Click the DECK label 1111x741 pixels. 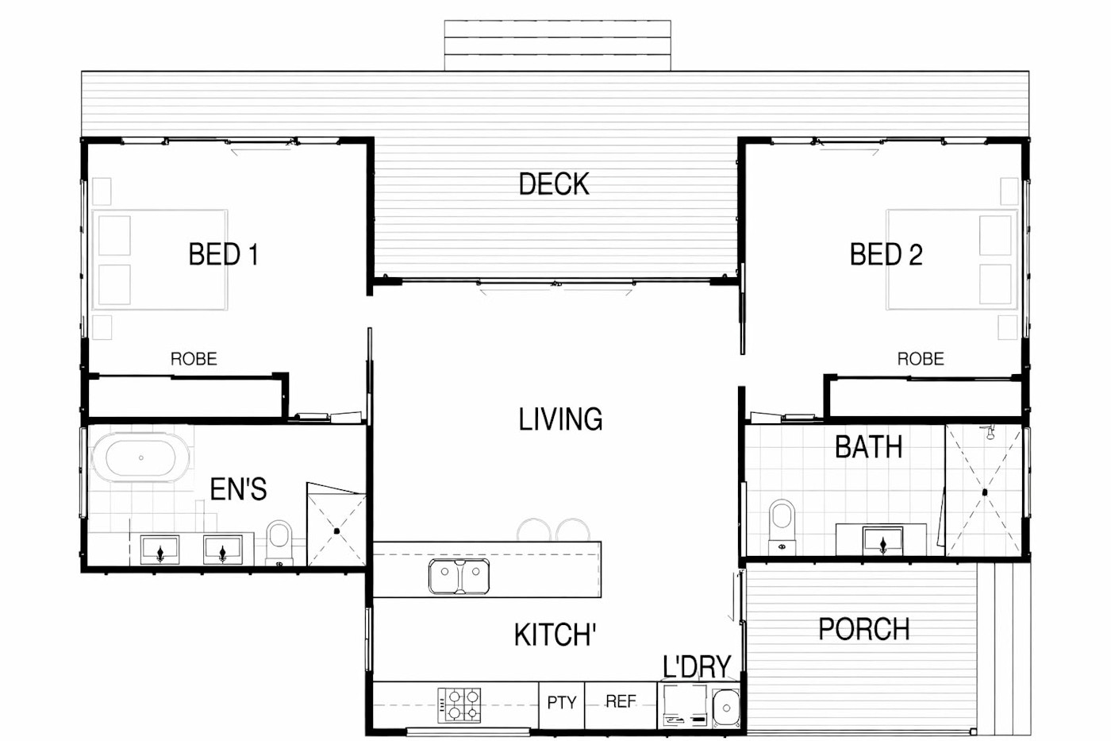click(x=554, y=183)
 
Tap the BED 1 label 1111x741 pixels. click(x=224, y=254)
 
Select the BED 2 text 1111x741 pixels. click(x=886, y=254)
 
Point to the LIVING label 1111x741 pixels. click(x=560, y=419)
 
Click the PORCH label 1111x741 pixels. click(x=864, y=629)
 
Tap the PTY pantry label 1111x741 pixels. click(x=562, y=702)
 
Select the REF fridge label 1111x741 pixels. click(x=621, y=701)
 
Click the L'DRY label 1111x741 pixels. click(x=697, y=666)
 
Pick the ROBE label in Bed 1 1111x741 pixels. click(x=194, y=359)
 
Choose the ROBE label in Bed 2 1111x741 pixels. click(x=921, y=359)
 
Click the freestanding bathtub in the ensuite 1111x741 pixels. click(x=141, y=457)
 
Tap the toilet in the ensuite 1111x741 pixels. click(x=279, y=542)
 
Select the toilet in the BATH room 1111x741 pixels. click(x=782, y=527)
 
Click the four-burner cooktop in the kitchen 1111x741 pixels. click(x=459, y=704)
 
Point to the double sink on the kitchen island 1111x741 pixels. click(x=459, y=577)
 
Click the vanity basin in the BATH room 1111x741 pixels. click(x=882, y=542)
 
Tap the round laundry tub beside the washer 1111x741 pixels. click(x=726, y=708)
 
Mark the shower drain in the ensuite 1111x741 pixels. click(x=336, y=531)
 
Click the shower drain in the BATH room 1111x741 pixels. click(x=985, y=492)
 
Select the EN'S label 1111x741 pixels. click(x=239, y=489)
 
